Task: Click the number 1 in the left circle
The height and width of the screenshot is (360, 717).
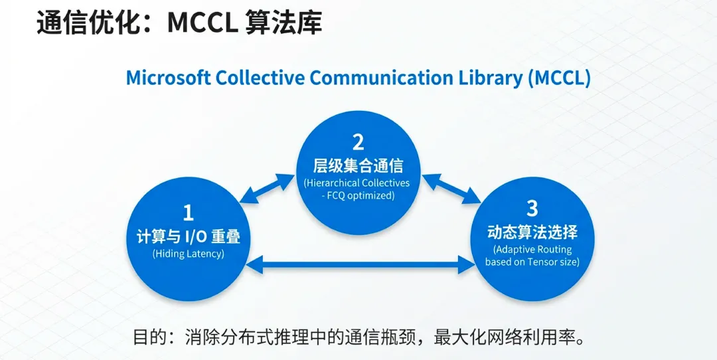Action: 189,213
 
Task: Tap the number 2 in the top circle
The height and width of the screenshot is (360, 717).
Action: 358,142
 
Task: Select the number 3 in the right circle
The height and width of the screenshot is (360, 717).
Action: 532,208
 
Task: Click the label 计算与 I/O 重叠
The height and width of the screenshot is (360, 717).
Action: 189,236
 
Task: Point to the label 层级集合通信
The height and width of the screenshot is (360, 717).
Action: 358,165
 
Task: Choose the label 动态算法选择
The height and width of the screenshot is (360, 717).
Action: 532,232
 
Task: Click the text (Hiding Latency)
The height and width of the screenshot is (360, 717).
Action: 189,254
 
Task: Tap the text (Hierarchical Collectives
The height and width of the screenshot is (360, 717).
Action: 358,183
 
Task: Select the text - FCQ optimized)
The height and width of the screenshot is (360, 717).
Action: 358,195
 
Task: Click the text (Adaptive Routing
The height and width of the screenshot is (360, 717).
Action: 532,249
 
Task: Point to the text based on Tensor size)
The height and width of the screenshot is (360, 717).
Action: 532,262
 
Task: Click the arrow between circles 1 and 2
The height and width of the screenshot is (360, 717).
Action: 268,188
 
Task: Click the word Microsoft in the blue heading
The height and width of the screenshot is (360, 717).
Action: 168,78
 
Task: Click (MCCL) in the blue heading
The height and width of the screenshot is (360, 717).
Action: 559,78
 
